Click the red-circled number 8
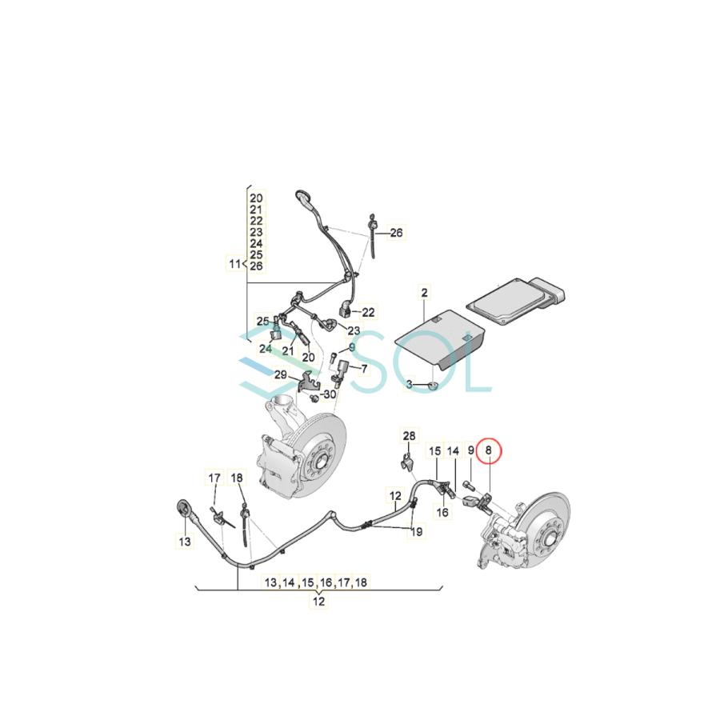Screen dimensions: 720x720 tap(488, 451)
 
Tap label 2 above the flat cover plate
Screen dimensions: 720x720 tap(425, 293)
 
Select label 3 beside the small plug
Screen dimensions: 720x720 tap(409, 385)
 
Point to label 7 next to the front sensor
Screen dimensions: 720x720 tap(364, 369)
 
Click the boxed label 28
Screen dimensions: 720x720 tap(410, 436)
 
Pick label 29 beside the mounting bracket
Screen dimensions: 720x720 tap(281, 374)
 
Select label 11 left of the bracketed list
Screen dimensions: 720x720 tap(234, 262)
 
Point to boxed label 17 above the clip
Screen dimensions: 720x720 tap(214, 478)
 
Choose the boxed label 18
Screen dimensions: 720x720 tap(237, 478)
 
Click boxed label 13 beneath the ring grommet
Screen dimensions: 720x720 tap(185, 542)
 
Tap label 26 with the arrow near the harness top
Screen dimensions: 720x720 tap(397, 234)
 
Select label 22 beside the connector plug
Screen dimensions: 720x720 tap(368, 312)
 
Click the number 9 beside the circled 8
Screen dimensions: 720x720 tap(471, 451)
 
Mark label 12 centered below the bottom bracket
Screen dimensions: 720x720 tap(319, 602)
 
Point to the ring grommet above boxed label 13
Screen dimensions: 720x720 tap(184, 506)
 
